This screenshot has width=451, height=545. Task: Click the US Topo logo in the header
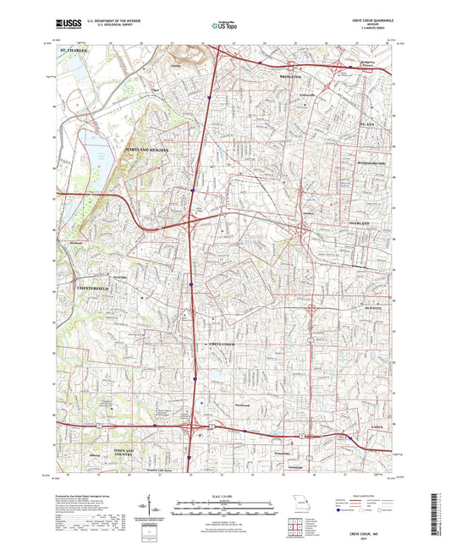click(220, 25)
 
